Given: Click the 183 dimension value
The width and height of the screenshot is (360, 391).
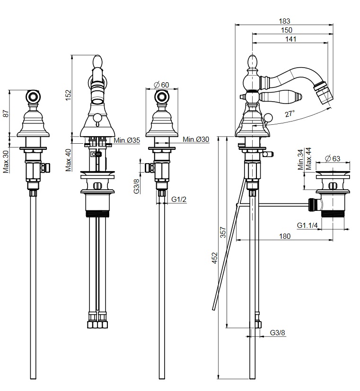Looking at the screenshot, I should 284,21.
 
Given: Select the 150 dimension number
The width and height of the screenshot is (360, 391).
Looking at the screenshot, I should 286,30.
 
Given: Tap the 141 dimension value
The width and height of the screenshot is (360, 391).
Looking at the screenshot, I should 290,39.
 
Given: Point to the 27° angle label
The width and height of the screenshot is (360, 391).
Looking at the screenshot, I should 290,113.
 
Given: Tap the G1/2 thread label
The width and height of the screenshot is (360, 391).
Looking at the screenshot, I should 179,200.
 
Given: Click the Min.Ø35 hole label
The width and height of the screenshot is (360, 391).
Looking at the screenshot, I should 127,140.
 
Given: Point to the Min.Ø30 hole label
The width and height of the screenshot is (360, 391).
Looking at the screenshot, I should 196,139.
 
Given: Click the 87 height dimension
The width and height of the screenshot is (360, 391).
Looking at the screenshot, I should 6,113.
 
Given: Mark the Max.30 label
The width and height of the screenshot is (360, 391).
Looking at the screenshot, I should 6,161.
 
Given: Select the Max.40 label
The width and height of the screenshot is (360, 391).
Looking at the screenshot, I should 68,160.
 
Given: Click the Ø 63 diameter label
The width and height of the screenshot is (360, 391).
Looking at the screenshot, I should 333,158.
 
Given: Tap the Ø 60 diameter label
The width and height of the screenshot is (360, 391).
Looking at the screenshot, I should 162,85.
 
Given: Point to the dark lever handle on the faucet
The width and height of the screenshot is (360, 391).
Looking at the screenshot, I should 274,96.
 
